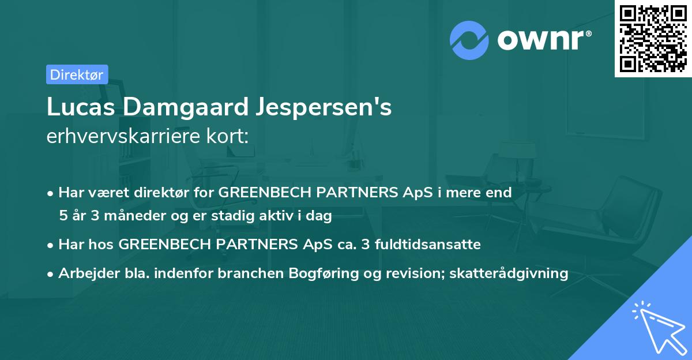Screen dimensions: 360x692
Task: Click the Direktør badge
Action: click(77, 74)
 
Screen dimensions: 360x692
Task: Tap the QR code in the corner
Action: click(653, 38)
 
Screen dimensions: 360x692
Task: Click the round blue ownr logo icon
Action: click(469, 40)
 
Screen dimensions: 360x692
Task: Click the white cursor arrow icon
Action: click(657, 327)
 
